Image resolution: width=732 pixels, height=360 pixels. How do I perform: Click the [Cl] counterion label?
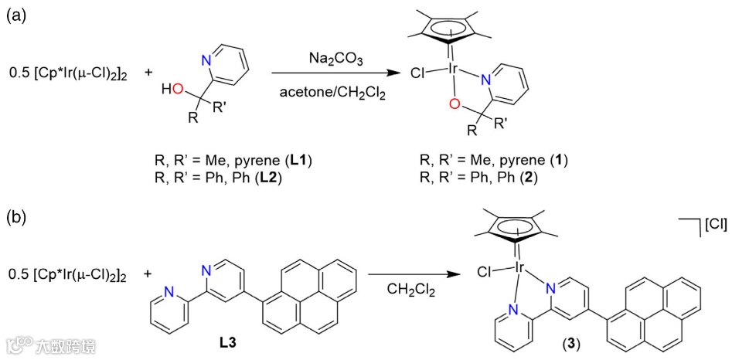pos(714,225)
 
